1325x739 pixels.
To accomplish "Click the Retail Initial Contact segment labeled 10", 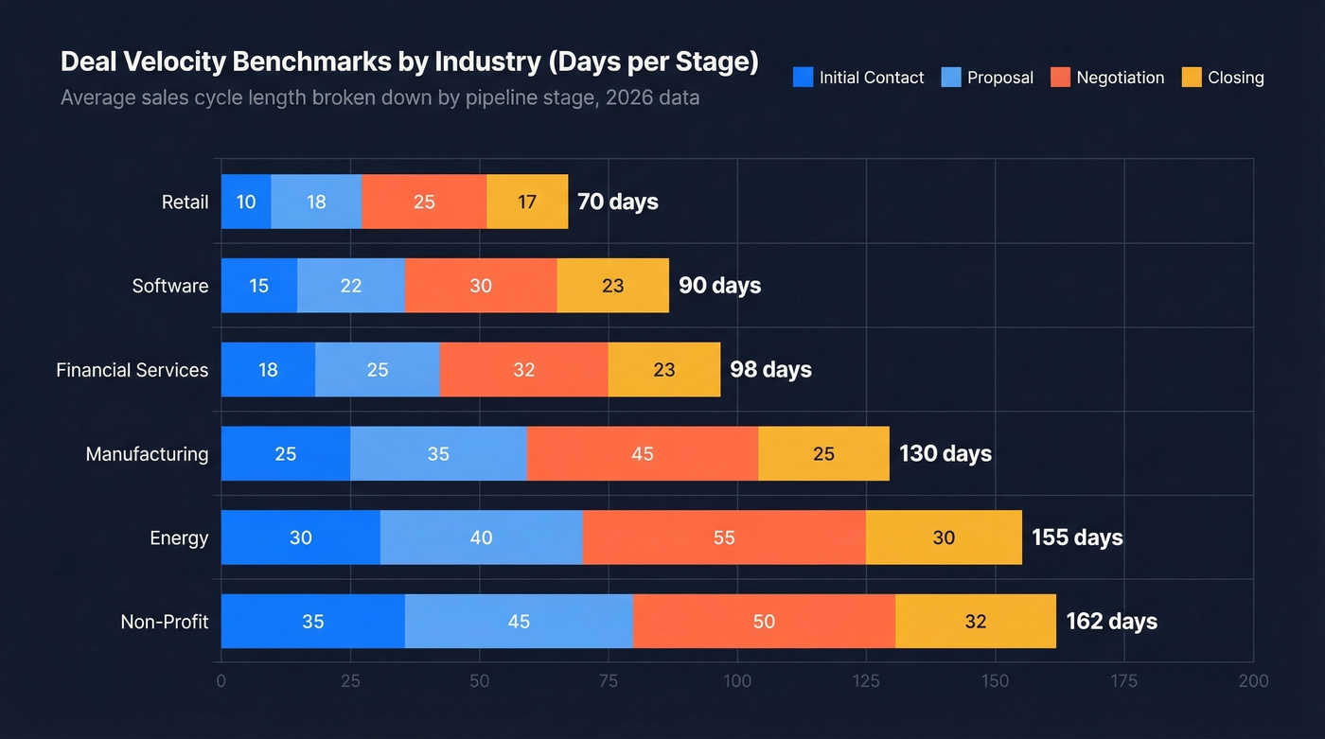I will [246, 202].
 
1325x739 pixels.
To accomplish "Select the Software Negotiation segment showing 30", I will [481, 286].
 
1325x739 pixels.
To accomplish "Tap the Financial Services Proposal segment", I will [378, 370].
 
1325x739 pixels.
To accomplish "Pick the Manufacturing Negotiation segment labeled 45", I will [643, 454].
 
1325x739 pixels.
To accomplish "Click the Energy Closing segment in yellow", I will [944, 537].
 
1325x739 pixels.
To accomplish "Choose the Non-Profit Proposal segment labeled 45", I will [519, 622].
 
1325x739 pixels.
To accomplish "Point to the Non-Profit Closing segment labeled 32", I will [975, 622].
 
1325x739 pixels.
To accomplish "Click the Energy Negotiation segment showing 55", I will [724, 537].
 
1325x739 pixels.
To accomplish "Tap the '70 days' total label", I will [617, 202].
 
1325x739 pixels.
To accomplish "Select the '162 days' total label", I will [1111, 622].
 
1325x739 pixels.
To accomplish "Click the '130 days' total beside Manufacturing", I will [945, 454].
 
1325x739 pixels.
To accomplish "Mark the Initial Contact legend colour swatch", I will [803, 78].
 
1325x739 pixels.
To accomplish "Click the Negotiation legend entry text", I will [1120, 78].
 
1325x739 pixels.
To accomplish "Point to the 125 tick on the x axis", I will [866, 681].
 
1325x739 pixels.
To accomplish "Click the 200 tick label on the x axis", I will [1253, 681].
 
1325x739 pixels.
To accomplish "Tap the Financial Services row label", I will [132, 370].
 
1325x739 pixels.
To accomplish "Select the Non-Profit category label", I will [164, 622].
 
